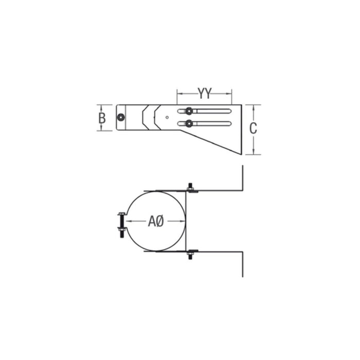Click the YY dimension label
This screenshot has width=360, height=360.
point(205,94)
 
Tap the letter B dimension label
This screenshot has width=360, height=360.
point(102,118)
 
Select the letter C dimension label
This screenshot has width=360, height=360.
point(253,129)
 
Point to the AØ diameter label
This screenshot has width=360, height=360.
point(156,221)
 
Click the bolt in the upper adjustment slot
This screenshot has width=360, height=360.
point(190,111)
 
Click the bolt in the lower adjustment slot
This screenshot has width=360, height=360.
point(190,123)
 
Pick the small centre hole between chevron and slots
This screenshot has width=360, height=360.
point(168,117)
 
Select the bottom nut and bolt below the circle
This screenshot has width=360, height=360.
point(191,253)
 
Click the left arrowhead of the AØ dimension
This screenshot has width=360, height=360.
point(130,221)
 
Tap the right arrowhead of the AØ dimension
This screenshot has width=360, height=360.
point(183,221)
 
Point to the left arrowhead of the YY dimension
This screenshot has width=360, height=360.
point(179,94)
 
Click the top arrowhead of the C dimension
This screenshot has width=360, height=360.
point(253,106)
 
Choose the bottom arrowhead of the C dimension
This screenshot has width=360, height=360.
point(253,152)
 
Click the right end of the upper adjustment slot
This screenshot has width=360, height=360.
point(229,111)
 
